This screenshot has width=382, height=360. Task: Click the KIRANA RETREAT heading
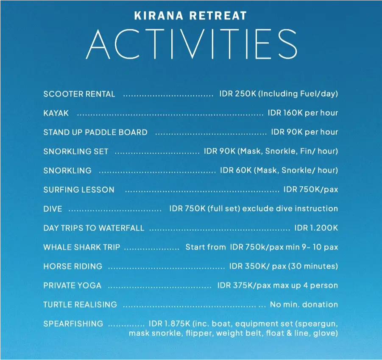coord(190,16)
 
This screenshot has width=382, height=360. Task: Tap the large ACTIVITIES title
coord(192,44)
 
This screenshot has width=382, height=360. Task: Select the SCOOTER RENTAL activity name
coord(79,94)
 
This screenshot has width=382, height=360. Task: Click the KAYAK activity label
coord(56,113)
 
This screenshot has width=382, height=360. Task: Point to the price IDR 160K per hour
coord(303,113)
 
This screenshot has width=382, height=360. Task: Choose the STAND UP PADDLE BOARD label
coord(95,132)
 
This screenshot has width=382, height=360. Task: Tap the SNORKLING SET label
coord(76,151)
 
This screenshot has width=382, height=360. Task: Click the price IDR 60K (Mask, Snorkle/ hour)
coord(279,170)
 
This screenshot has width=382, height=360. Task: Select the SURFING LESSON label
coord(79,190)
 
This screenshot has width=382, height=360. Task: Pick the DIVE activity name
coord(53,209)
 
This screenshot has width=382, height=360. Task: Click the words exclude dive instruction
coord(290,209)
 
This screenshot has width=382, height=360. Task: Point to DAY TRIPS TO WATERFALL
coord(94,228)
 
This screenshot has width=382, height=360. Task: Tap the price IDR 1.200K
coord(316,228)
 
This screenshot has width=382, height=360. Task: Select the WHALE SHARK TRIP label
coord(81,247)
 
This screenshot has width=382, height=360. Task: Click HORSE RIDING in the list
coord(73,266)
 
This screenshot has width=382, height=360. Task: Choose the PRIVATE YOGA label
coord(72,285)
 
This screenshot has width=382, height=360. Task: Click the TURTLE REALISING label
coord(80,305)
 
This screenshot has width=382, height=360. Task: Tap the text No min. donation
coord(304,305)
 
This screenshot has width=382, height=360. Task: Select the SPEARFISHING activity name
coord(73,324)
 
